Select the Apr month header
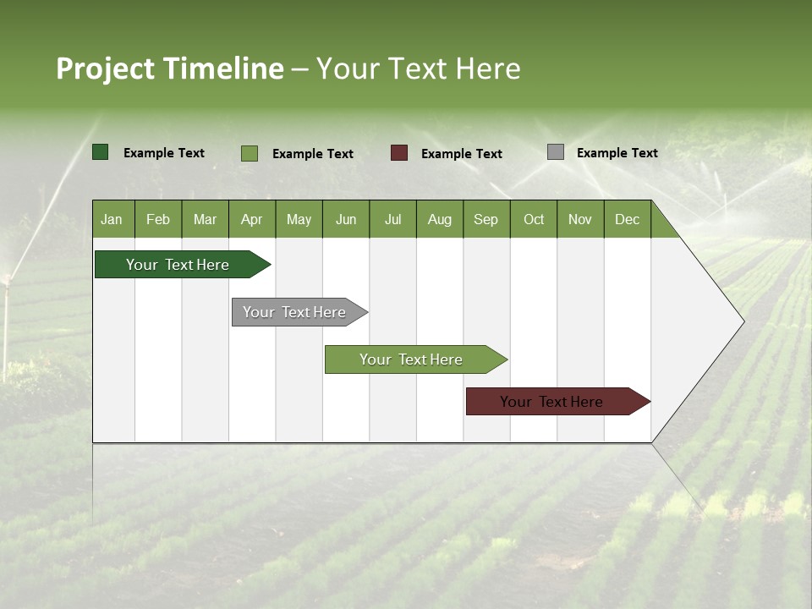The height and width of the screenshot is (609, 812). (x=252, y=219)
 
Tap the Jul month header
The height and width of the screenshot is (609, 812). (x=392, y=219)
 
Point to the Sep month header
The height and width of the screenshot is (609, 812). (x=486, y=219)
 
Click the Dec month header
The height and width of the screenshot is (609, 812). (x=627, y=219)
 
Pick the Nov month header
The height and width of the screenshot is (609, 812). (x=580, y=219)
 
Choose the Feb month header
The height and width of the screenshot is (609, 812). (x=158, y=219)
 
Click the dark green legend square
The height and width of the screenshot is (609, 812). (x=101, y=152)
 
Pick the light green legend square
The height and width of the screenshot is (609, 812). (x=250, y=153)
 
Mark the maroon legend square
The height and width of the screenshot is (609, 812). (x=399, y=153)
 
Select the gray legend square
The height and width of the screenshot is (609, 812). (x=556, y=152)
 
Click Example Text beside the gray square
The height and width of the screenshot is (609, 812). (x=617, y=153)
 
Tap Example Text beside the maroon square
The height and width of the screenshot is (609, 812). (x=461, y=154)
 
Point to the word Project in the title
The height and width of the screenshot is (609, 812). (x=105, y=69)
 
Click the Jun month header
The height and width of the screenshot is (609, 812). (x=346, y=219)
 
